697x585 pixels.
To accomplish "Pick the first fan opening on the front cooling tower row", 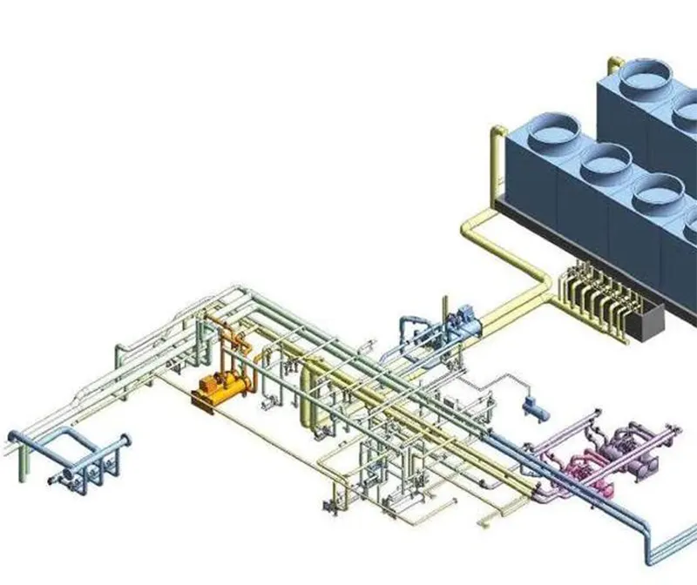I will point(550,131).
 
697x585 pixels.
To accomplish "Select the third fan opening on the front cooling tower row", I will point(658,192).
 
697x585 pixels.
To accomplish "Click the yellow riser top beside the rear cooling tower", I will point(614,62).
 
